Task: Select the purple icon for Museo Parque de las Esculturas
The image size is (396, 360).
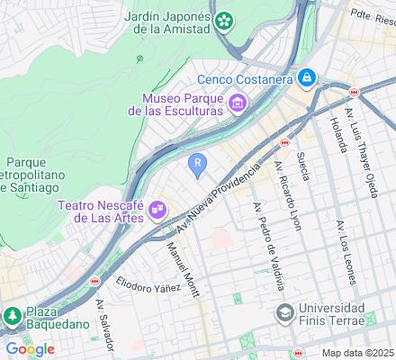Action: [238, 103]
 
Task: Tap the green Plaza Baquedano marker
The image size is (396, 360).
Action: [13, 316]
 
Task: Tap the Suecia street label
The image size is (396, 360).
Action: [305, 165]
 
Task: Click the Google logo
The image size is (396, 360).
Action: [30, 349]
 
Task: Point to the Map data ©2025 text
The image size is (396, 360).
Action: [358, 352]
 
